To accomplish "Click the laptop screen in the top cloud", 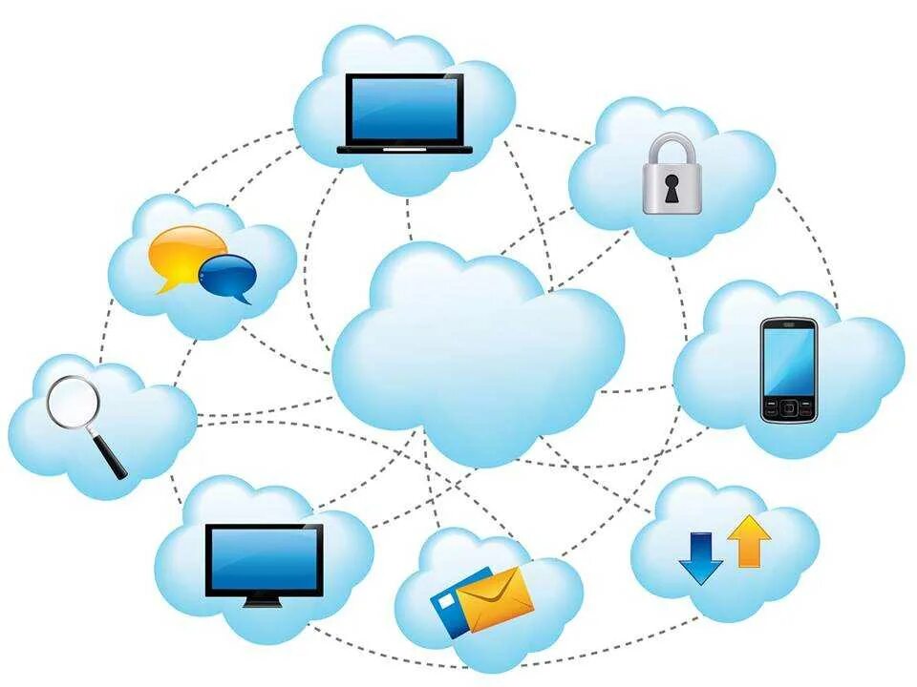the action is point(404,110).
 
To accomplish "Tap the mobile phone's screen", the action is point(788,359).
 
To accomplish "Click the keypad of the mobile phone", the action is point(788,408).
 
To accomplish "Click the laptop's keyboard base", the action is point(405,149).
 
